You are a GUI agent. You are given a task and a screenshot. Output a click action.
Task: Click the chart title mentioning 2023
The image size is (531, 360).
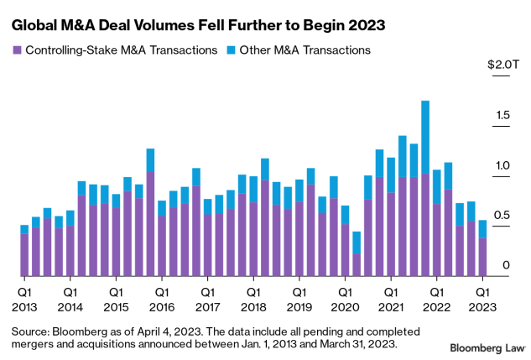198,25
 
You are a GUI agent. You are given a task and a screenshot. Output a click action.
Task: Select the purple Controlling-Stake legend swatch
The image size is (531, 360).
16,50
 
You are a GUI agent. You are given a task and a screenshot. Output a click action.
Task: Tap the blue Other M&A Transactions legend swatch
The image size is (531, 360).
231,50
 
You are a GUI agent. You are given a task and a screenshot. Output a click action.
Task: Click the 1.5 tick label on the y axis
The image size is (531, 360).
500,115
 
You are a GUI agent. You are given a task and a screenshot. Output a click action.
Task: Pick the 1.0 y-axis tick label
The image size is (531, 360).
500,165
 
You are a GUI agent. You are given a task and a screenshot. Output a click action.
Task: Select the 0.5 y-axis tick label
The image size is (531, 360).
500,216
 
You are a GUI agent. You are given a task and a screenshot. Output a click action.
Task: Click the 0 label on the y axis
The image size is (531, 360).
505,266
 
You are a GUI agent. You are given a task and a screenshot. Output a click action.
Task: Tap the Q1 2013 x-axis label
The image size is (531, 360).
24,300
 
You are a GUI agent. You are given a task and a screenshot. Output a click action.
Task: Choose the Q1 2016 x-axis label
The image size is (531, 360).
162,300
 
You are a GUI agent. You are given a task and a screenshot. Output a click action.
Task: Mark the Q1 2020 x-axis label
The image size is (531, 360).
345,300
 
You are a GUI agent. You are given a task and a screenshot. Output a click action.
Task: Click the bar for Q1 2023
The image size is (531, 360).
482,248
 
